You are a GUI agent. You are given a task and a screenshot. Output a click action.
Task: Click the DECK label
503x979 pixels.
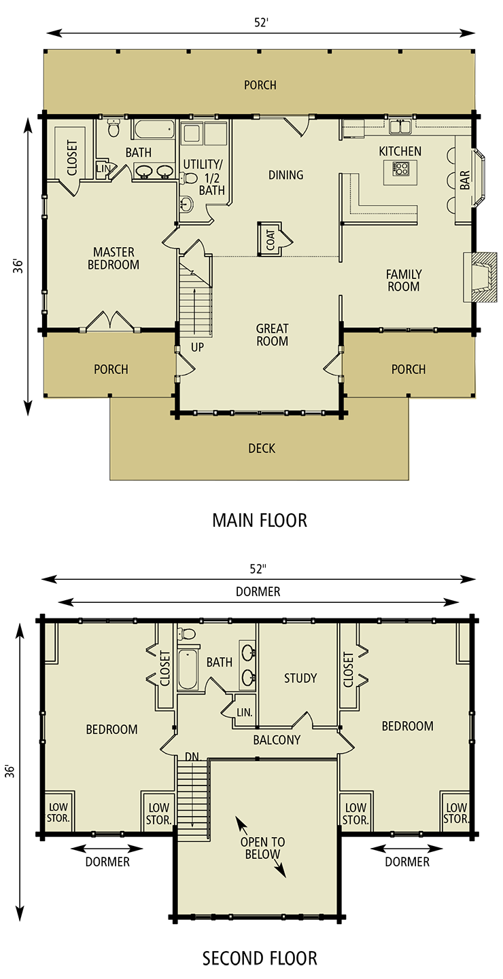click(x=262, y=449)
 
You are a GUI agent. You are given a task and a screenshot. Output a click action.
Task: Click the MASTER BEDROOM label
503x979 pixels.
click(x=113, y=259)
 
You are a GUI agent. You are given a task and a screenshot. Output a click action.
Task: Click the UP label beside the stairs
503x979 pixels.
click(x=198, y=347)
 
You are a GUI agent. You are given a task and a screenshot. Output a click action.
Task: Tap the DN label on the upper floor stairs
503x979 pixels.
click(x=192, y=756)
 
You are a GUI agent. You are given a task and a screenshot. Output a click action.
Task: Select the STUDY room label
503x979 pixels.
click(x=300, y=678)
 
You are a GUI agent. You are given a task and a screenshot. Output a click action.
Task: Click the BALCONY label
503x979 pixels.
click(x=277, y=740)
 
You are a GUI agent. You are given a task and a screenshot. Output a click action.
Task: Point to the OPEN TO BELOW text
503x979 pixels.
click(x=262, y=848)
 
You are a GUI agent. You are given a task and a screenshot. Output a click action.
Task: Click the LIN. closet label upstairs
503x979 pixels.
click(x=244, y=713)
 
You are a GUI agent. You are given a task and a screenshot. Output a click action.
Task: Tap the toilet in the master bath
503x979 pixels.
click(x=114, y=128)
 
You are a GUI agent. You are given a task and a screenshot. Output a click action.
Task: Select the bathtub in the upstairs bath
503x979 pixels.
click(x=188, y=669)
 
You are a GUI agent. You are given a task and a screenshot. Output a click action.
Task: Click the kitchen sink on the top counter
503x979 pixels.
click(x=399, y=126)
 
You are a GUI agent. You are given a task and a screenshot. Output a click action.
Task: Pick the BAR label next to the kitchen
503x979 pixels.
click(x=465, y=179)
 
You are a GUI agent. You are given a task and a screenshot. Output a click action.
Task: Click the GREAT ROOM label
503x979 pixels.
click(x=272, y=335)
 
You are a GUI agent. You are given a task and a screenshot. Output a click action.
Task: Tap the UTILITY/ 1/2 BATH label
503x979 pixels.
click(x=203, y=177)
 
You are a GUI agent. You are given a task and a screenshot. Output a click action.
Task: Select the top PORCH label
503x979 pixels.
click(x=260, y=86)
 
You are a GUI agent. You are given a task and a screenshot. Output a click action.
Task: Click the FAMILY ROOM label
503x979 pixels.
click(x=404, y=280)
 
